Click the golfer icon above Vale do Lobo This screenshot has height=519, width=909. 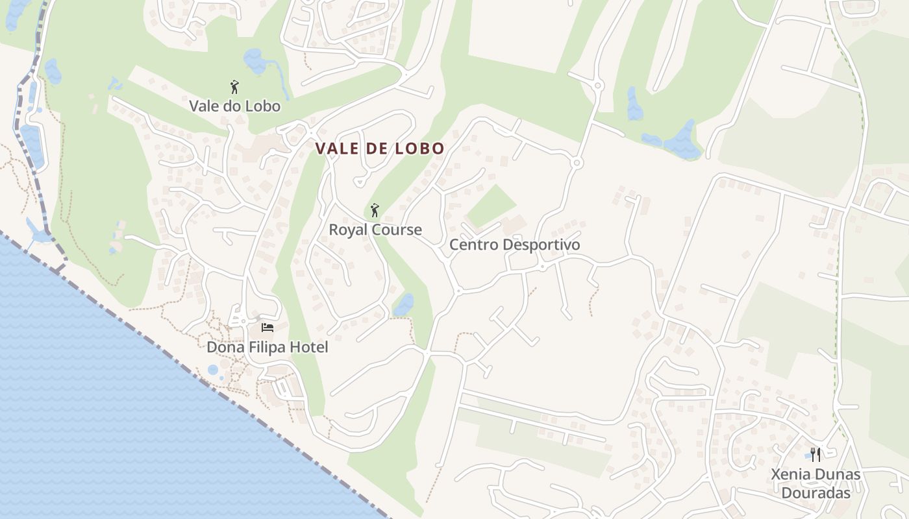(x=234, y=87)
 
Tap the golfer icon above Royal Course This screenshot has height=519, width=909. (x=374, y=210)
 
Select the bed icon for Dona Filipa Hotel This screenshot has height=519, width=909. (x=267, y=328)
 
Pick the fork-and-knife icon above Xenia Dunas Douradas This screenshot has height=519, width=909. (x=816, y=455)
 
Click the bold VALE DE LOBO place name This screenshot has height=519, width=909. (x=380, y=149)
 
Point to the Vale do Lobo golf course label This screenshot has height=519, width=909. (x=234, y=106)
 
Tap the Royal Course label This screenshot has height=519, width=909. (x=375, y=230)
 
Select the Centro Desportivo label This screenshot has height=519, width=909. (x=514, y=245)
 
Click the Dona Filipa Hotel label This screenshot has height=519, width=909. (x=267, y=347)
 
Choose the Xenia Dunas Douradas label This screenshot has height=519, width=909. (x=816, y=483)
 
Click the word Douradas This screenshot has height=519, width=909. (x=816, y=493)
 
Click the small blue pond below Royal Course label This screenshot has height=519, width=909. (x=403, y=305)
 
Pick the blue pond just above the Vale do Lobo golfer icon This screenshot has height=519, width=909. (x=255, y=61)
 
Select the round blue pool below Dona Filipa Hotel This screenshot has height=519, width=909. (x=213, y=370)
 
